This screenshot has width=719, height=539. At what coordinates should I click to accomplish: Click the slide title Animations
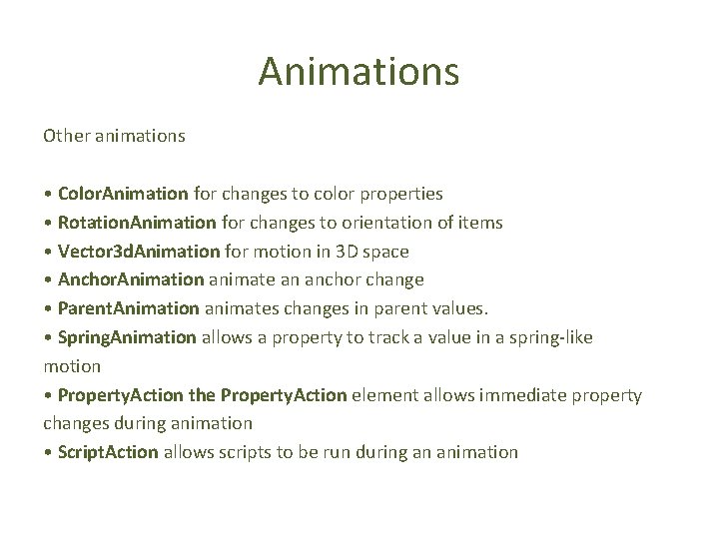(x=359, y=72)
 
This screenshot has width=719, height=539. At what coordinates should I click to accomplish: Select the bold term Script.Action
(x=108, y=452)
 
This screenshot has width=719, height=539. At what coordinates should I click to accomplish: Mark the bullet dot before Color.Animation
(x=47, y=193)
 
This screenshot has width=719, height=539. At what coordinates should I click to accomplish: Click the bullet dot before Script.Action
(x=47, y=452)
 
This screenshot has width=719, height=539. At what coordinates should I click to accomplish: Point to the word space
(x=386, y=252)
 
